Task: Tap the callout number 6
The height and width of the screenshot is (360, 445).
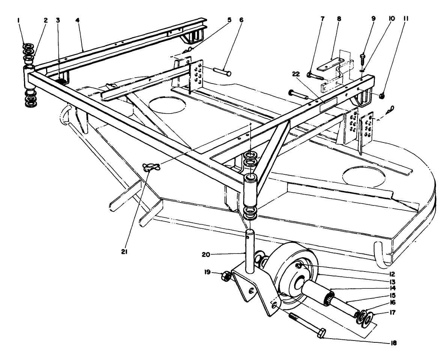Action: pyautogui.click(x=241, y=20)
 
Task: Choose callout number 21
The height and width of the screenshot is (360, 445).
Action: pyautogui.click(x=125, y=252)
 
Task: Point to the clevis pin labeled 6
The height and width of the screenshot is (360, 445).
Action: pyautogui.click(x=222, y=70)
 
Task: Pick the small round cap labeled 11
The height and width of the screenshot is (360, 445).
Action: pyautogui.click(x=382, y=96)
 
